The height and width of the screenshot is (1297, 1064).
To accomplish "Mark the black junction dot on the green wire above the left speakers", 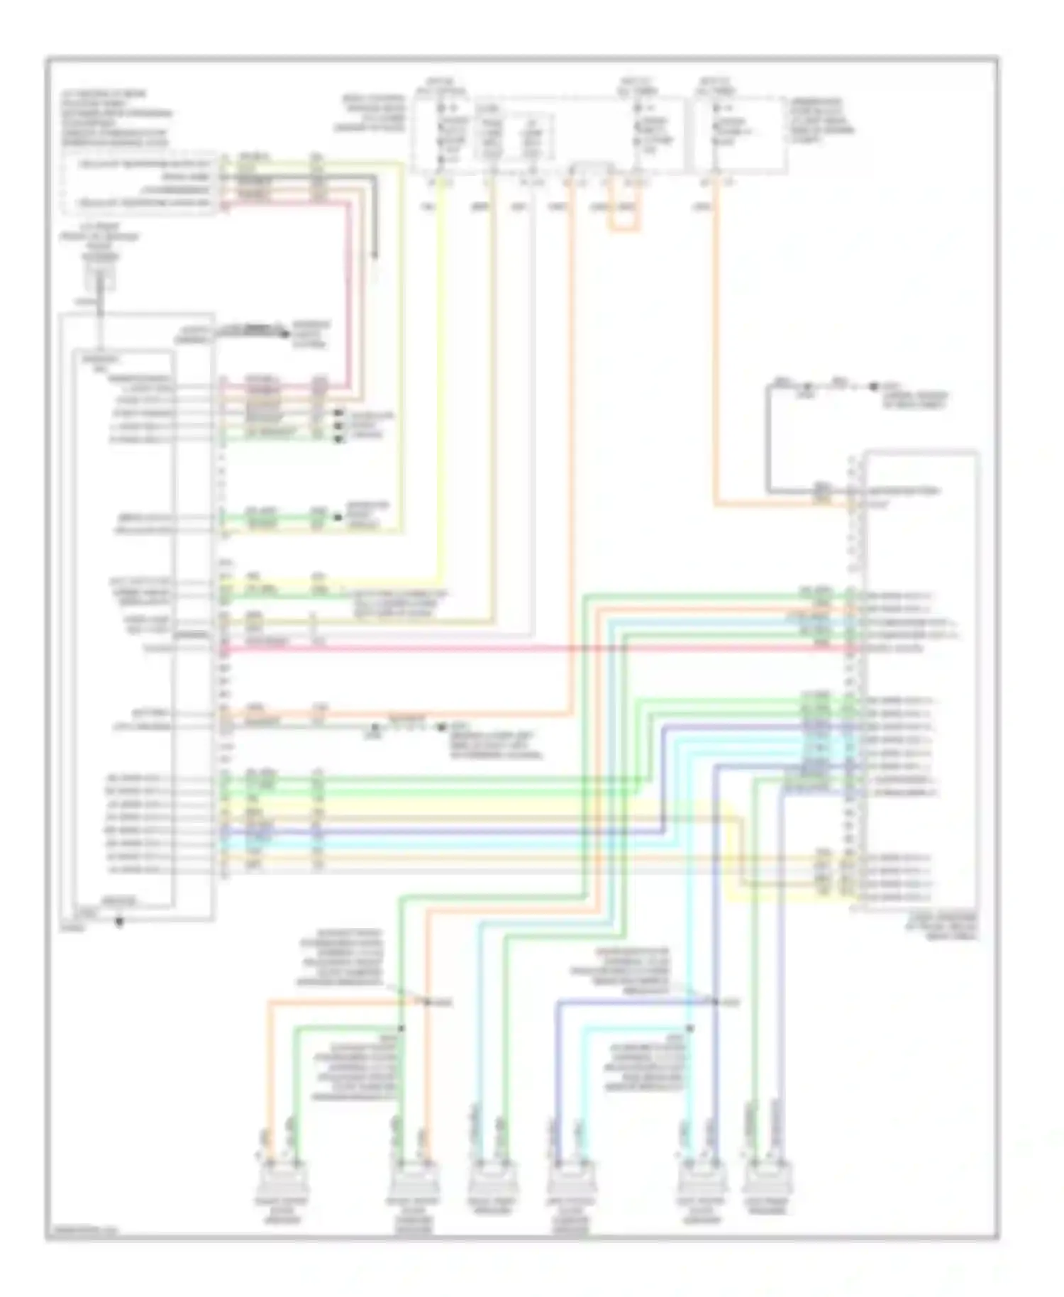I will click(x=400, y=1028).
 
